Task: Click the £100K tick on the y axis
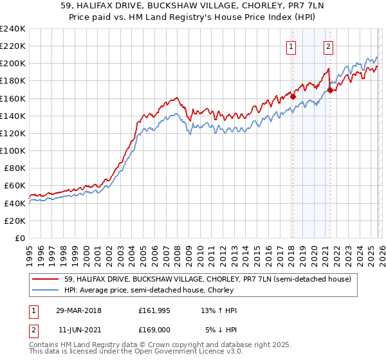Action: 12,150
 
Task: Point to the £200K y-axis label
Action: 12,64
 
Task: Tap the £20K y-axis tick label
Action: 14,220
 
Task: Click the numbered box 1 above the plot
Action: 291,46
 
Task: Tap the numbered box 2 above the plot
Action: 328,46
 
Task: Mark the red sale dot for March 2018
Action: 293,96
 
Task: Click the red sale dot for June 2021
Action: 330,91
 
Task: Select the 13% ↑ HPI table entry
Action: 219,310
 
